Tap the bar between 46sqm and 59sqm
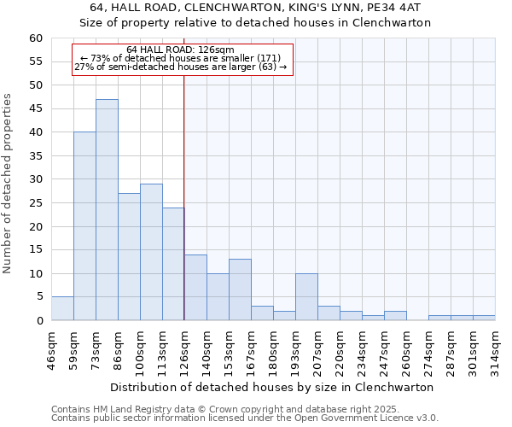(62, 308)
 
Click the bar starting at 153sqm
(240, 290)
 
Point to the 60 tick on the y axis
(35, 38)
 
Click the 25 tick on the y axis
(35, 203)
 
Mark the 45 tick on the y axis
(35, 109)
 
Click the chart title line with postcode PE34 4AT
(256, 8)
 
